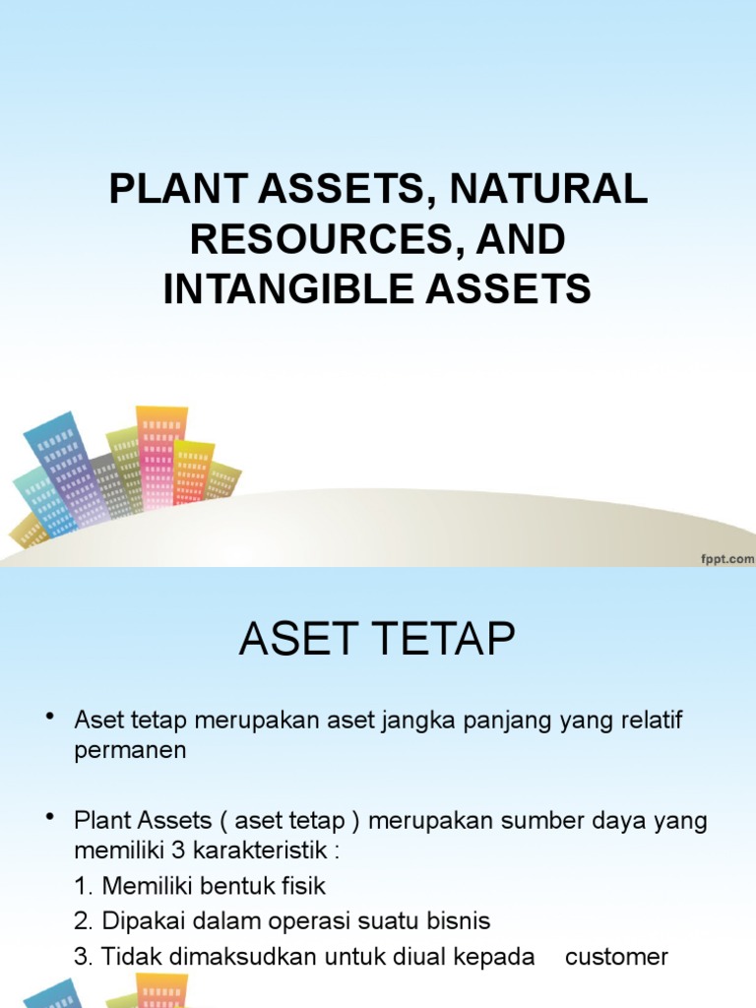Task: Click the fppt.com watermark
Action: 727,558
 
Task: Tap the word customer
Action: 616,957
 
